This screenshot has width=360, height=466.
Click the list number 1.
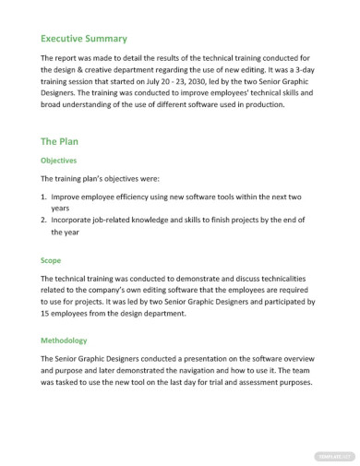click(43, 197)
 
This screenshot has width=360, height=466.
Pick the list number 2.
click(43, 221)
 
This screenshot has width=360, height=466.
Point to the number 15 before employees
click(45, 314)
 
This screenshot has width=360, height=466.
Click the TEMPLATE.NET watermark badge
click(334, 456)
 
